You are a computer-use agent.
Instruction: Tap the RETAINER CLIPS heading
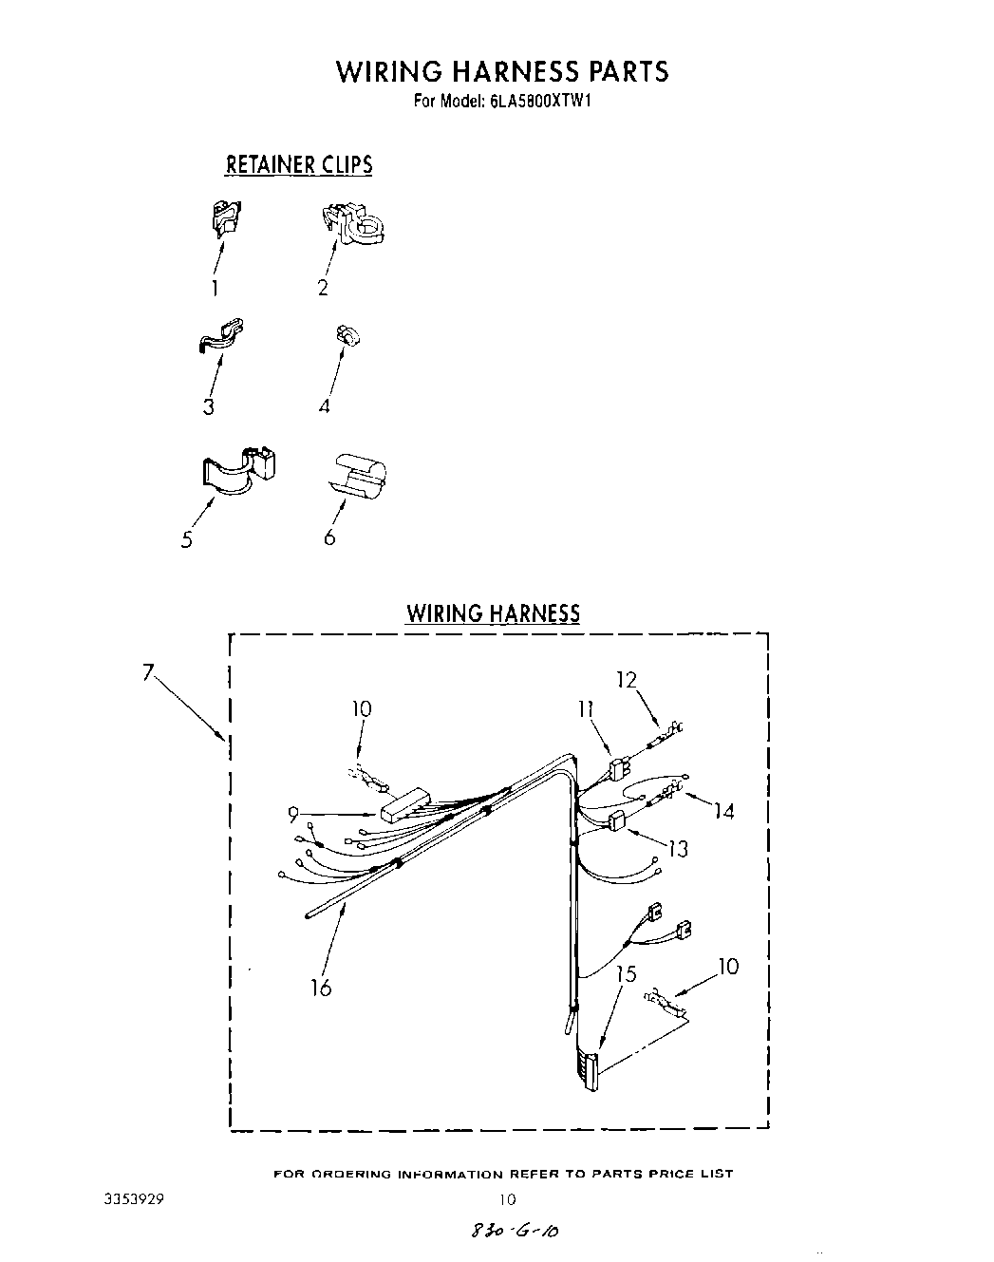pyautogui.click(x=298, y=165)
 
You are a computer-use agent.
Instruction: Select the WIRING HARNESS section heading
pyautogui.click(x=493, y=613)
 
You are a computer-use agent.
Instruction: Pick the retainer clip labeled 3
pyautogui.click(x=220, y=336)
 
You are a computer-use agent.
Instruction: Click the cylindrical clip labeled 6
pyautogui.click(x=362, y=474)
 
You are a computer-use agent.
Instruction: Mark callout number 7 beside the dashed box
pyautogui.click(x=148, y=672)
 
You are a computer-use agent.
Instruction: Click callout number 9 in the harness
pyautogui.click(x=293, y=813)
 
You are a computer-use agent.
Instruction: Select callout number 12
pyautogui.click(x=626, y=680)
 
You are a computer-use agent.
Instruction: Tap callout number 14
pyautogui.click(x=724, y=812)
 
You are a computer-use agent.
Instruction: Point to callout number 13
pyautogui.click(x=678, y=848)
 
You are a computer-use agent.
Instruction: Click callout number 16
pyautogui.click(x=321, y=988)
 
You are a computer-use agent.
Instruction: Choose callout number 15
pyautogui.click(x=625, y=974)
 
